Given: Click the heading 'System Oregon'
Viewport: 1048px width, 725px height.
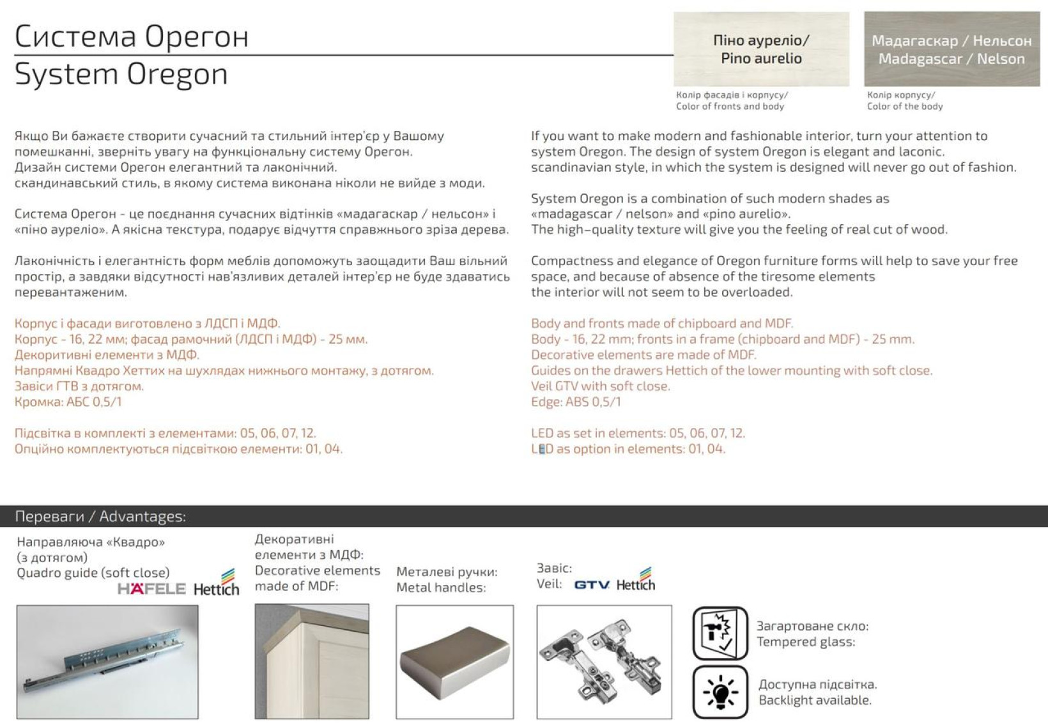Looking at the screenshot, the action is pos(121,74).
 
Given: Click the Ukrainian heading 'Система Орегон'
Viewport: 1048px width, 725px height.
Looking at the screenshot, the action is pos(132,36).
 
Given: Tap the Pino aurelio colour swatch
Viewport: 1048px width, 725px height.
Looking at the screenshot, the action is pos(761,49).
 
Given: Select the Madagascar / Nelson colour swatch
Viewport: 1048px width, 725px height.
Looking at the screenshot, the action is pos(952,49).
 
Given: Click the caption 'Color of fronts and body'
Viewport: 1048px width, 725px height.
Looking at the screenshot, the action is pos(730,107).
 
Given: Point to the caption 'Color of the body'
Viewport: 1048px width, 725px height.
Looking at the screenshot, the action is pos(905,107).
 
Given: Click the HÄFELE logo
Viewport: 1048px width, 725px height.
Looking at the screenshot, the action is pos(151,588).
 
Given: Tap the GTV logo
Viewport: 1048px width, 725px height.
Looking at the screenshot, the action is pos(592,584).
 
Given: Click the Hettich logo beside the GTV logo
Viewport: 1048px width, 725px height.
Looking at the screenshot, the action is pos(636,579).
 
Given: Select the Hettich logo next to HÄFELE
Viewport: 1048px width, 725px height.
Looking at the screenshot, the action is pos(216,583).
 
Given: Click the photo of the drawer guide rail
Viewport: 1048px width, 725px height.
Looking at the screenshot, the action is pos(107,662).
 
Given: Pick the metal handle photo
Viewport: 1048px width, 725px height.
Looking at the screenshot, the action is pos(455,662).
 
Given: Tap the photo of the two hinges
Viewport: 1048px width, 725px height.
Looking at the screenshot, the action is pos(604,662).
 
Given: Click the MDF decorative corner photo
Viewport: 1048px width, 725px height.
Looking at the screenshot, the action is pos(312,661).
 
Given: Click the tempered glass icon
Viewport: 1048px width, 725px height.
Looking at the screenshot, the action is pos(721,633).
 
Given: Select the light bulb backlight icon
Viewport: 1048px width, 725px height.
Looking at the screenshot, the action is pos(721,692).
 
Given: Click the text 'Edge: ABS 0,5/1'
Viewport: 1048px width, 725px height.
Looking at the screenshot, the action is pos(576,402).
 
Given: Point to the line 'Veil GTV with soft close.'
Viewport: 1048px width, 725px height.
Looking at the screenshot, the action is pos(600,386).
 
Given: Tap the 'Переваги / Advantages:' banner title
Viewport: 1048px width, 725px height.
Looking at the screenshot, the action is pos(100,516).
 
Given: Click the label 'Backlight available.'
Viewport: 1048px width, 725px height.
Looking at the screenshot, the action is pos(815,700).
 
